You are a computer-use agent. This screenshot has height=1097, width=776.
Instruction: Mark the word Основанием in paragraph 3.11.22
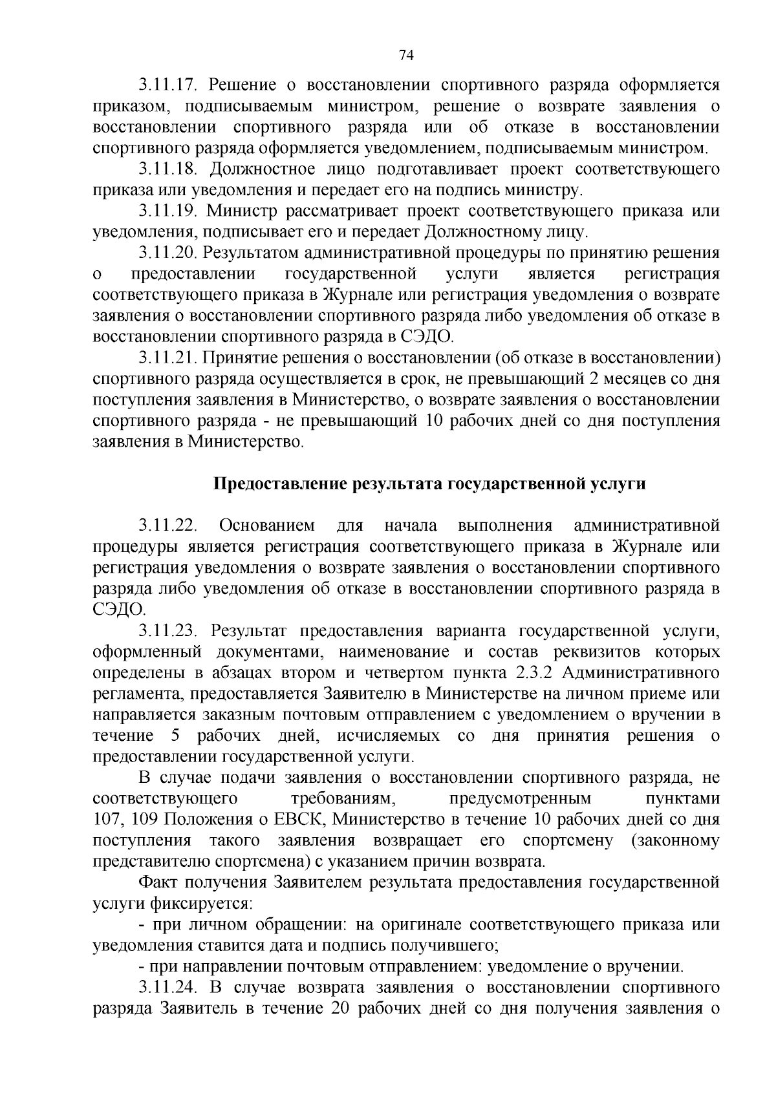pyautogui.click(x=267, y=526)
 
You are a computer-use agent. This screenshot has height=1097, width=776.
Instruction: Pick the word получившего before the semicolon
pyautogui.click(x=447, y=946)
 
